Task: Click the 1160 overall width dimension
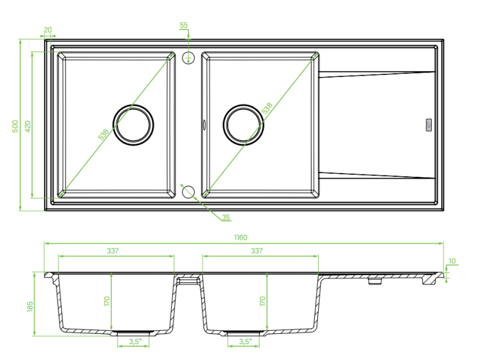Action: (240, 237)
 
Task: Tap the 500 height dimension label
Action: (15, 126)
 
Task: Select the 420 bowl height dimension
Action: (28, 126)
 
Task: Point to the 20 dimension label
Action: (48, 30)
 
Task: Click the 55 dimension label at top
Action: (184, 25)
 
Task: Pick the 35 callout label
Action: (226, 218)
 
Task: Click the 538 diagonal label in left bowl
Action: (104, 134)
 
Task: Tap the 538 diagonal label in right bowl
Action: (267, 108)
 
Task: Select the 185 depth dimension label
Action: (30, 307)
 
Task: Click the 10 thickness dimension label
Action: (452, 261)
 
